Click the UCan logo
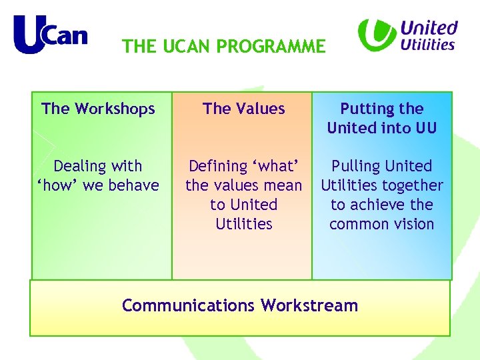[x=50, y=34]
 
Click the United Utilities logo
[x=408, y=35]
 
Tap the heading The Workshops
[x=98, y=109]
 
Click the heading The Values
[x=244, y=109]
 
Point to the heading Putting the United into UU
[x=382, y=118]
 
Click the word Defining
[x=216, y=166]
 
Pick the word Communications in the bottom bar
[x=189, y=305]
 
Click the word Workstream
[x=309, y=305]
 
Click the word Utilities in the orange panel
[x=244, y=224]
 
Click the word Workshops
[x=114, y=109]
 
